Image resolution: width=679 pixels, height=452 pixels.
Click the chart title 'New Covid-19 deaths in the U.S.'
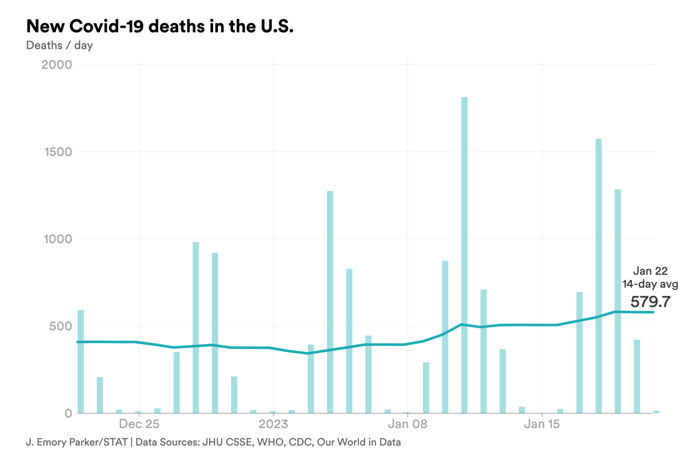tap(160, 26)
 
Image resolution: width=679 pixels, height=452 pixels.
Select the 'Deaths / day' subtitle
tap(59, 45)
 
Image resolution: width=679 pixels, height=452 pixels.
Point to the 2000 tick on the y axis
tap(56, 64)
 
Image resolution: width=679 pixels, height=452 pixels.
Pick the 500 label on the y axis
tap(61, 326)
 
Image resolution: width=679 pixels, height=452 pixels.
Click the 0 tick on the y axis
tap(68, 414)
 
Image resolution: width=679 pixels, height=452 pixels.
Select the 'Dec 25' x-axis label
tap(139, 424)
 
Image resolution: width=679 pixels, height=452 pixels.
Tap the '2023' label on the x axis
tap(273, 424)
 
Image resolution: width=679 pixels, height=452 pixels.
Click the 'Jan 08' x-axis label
tap(407, 424)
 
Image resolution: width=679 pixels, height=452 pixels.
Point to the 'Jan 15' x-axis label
tap(542, 424)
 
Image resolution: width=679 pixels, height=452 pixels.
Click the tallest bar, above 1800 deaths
tap(464, 255)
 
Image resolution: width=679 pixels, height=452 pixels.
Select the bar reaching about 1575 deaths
tap(598, 276)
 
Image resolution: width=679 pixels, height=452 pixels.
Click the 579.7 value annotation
tap(650, 302)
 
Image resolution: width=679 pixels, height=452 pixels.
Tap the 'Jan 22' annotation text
tap(650, 271)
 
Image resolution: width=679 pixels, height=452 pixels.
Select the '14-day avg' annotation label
tap(650, 284)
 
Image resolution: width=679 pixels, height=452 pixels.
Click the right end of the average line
tap(653, 312)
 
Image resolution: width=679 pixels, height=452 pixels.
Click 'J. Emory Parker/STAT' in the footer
tap(76, 442)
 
